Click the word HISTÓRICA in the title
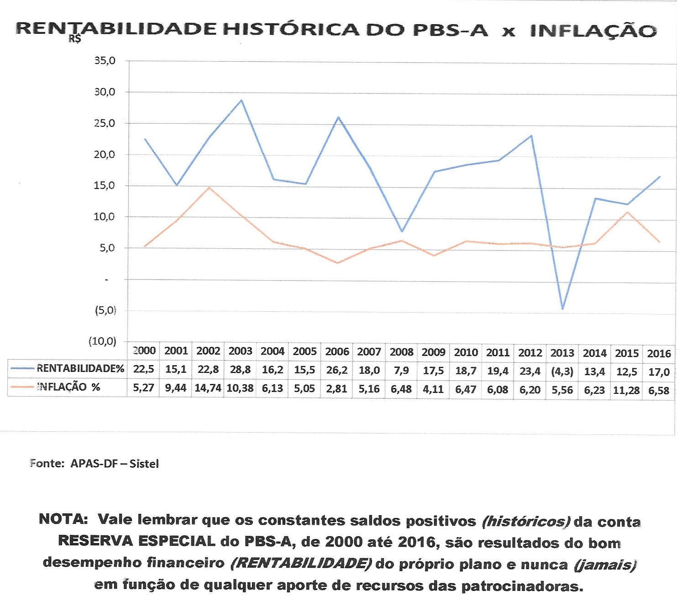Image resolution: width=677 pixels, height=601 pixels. (x=290, y=30)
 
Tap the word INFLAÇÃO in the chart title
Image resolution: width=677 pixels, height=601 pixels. (x=593, y=31)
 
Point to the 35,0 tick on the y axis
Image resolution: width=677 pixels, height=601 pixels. (x=105, y=61)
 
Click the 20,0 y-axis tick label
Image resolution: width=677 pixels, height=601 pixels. (x=105, y=155)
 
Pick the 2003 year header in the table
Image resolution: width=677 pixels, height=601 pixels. (x=240, y=351)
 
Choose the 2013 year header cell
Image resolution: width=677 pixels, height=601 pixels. (x=562, y=353)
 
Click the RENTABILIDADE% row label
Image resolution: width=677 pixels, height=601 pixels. (x=80, y=369)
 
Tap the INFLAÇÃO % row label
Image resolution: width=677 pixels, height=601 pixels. (x=68, y=387)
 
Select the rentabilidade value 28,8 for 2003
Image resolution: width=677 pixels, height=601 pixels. (x=240, y=370)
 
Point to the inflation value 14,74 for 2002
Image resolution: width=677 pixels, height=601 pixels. (x=208, y=388)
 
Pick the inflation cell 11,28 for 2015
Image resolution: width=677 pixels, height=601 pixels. (x=626, y=391)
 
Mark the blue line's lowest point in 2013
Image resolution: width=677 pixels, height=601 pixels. (x=562, y=309)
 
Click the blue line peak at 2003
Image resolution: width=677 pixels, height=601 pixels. (x=241, y=100)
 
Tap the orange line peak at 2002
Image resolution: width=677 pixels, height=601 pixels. (x=209, y=188)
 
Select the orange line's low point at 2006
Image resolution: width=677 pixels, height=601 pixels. (x=338, y=263)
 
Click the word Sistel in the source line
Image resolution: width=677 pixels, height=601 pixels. (x=144, y=464)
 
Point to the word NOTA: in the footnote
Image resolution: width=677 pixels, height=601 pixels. (x=63, y=519)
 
